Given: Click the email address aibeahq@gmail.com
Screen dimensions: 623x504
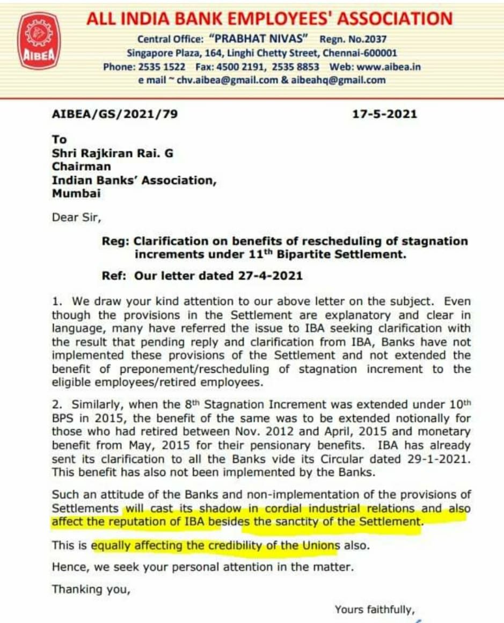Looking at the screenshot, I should coord(338,80).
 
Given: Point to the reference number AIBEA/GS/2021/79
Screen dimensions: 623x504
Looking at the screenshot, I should coord(114,114).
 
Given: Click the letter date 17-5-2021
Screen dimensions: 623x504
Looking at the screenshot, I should coord(384,114).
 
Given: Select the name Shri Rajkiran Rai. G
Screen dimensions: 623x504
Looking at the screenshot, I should coord(113,153).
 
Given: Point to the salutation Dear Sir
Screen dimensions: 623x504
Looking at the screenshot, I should coord(76,218).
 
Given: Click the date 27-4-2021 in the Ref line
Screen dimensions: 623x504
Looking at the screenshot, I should coord(269,276).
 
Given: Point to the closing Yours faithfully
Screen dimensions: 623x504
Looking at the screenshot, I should coord(375,610).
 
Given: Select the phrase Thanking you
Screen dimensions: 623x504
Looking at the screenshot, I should coord(91,589).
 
